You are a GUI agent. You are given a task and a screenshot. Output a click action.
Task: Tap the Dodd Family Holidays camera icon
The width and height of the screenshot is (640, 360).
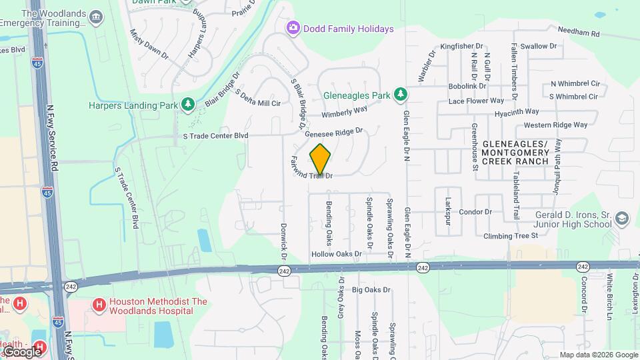[292, 29]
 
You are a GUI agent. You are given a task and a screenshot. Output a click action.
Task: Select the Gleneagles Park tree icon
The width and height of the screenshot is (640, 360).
[400, 95]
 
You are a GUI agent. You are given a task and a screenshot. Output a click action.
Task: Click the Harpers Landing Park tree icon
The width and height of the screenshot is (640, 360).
[189, 105]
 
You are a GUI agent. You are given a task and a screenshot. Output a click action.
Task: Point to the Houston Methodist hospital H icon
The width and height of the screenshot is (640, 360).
[99, 306]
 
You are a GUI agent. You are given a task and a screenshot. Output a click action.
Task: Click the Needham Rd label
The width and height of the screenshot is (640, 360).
[578, 32]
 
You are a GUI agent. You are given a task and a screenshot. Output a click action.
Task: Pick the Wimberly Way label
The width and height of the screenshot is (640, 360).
[345, 111]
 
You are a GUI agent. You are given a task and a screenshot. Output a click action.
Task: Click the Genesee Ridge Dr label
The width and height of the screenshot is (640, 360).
[333, 133]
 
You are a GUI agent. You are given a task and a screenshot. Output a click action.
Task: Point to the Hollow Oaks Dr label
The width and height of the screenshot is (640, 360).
[336, 254]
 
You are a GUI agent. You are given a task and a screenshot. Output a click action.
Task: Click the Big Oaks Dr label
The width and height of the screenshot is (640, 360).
[371, 290]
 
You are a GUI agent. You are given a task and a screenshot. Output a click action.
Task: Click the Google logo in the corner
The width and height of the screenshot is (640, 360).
[22, 351]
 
